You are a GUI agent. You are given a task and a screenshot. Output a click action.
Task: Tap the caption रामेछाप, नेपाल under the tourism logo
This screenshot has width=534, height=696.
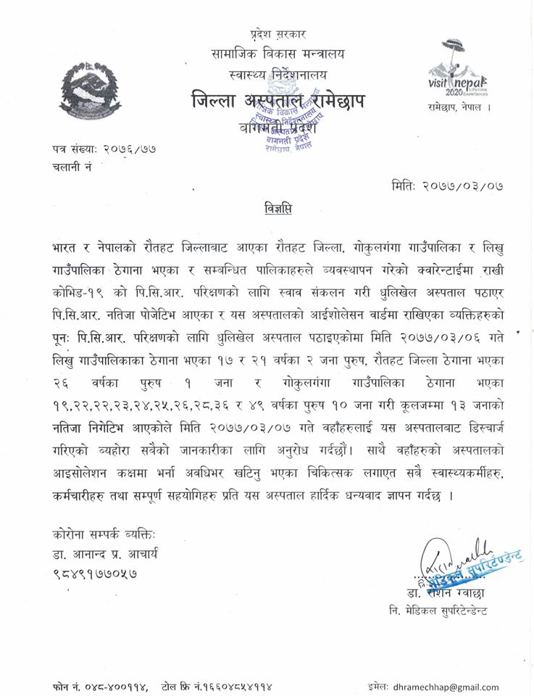point(455,107)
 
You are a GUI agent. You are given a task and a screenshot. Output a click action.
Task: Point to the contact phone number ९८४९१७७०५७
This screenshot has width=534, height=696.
point(95,573)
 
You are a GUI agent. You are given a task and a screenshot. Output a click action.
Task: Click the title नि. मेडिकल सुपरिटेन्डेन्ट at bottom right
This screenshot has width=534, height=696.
point(437,611)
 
